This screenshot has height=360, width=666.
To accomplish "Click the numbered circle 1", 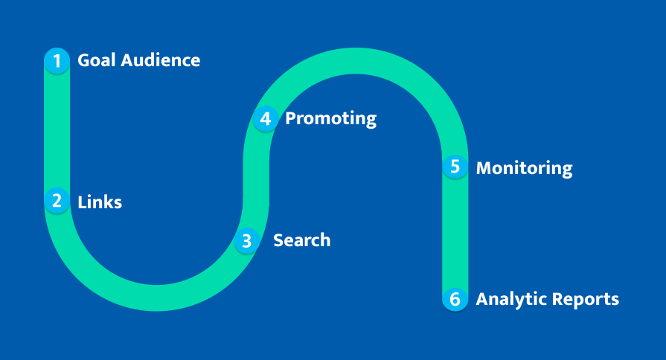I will coord(57,60).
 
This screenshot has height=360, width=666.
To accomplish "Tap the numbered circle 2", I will coord(57,201).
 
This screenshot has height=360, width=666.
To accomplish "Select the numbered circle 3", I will coord(247,240).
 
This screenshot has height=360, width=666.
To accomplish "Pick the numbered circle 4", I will coord(265,118).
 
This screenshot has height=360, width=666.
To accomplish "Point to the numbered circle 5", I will coord(455,167).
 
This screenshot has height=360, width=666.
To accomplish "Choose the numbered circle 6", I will coord(455,299).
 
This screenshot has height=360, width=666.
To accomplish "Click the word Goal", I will coord(95,60).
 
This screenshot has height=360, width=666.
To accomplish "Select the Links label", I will coord(100,202).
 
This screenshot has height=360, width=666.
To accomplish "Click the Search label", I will coord(301,240).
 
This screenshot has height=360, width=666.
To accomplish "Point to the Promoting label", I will coord(330,119).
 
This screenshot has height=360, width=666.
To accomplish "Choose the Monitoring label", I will coord(524,168).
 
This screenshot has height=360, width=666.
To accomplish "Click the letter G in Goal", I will coord(83,60).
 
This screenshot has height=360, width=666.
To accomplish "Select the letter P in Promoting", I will coord(290,118).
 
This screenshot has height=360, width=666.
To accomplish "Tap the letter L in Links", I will coord(82,202).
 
